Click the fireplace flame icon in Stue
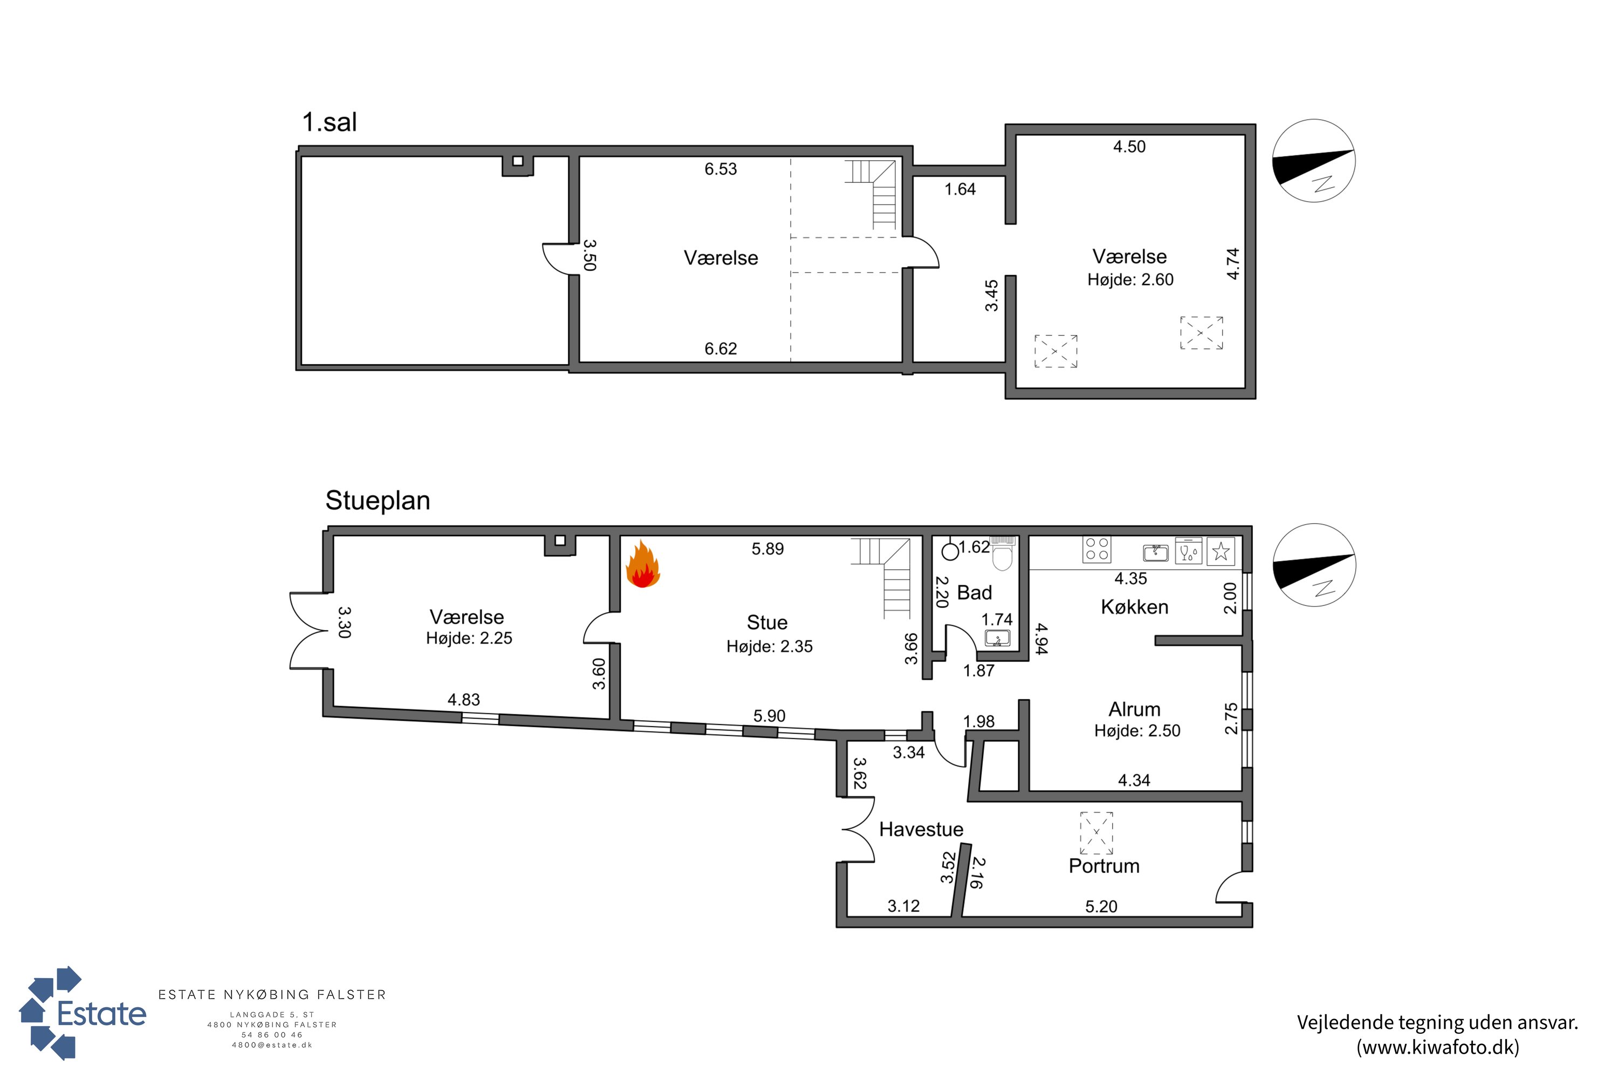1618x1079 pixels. [642, 564]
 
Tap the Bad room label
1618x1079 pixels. [974, 592]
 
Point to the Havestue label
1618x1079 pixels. [921, 829]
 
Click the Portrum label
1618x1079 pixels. [1104, 866]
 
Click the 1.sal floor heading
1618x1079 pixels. [330, 122]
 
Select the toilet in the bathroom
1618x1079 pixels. [1003, 554]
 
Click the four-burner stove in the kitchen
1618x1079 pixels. [1096, 549]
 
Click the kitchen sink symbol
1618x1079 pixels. [1156, 552]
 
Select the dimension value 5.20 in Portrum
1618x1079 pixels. [1101, 906]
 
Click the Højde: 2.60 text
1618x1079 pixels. [1130, 279]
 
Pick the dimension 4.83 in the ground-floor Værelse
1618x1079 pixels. [464, 700]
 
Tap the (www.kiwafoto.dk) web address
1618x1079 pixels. [1438, 1047]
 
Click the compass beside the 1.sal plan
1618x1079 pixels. [1314, 160]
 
